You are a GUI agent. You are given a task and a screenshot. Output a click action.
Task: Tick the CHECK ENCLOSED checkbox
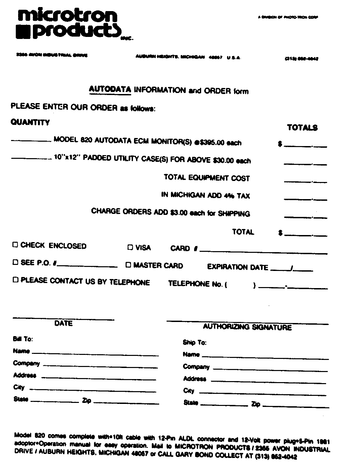15,245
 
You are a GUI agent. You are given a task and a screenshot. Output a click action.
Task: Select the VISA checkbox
130,248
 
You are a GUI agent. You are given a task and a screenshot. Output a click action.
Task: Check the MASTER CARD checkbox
128,265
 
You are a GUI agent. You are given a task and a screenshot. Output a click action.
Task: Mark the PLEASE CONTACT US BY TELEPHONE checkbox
15,280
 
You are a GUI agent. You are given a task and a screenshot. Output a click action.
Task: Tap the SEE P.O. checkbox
15,262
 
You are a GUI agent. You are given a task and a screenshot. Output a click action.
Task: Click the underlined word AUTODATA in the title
110,89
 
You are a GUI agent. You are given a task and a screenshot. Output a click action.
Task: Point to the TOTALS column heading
302,128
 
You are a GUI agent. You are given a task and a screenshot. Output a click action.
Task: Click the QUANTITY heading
30,122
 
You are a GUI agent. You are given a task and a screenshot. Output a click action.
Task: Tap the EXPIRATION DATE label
237,267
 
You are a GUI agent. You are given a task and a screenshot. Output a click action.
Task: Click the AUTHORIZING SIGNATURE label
247,327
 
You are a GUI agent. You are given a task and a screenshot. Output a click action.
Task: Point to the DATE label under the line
63,323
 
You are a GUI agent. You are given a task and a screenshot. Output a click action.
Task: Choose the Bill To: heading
23,339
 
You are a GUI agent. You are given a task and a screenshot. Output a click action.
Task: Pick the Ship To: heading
194,342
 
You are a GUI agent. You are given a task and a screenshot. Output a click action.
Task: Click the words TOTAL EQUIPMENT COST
207,178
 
